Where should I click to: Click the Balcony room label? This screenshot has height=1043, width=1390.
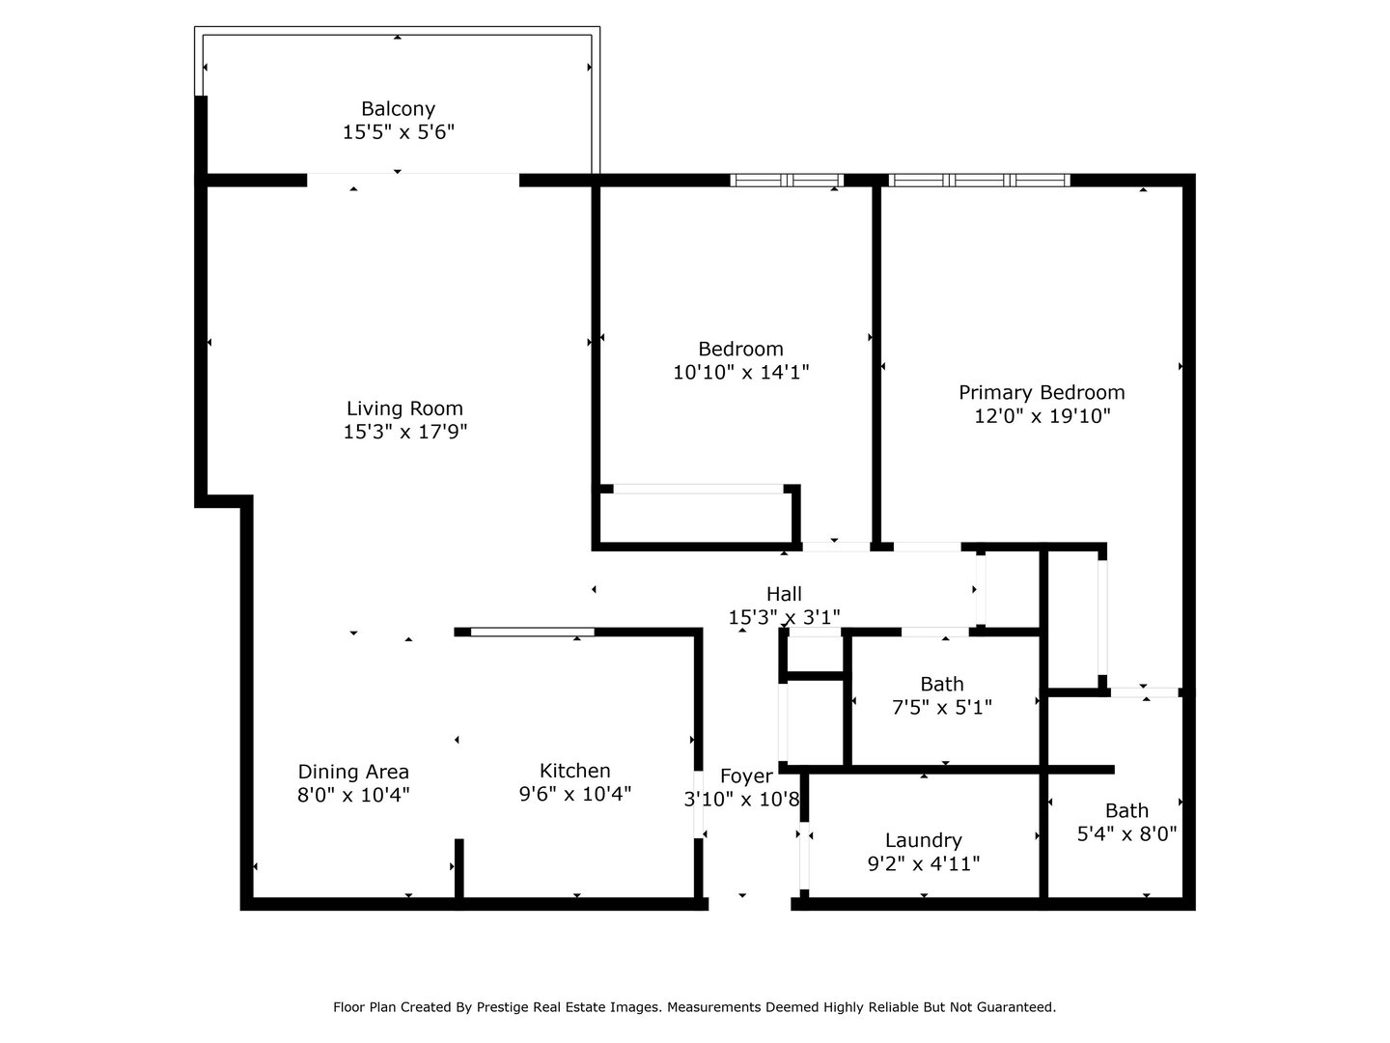coord(398,109)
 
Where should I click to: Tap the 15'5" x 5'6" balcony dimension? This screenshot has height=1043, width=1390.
coord(399,132)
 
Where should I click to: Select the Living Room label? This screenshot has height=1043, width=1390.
coord(404,409)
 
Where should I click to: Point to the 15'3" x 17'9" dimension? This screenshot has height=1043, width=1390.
coord(405,432)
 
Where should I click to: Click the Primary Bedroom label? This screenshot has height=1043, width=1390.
coord(1042,393)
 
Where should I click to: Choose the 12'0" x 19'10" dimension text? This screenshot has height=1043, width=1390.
coord(1042,416)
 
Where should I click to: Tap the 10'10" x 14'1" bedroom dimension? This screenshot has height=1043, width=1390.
coord(741,373)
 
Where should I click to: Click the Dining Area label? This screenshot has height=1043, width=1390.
coord(353,772)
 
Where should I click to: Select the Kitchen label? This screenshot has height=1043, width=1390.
coord(575,771)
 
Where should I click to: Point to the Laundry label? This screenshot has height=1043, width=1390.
coord(924,840)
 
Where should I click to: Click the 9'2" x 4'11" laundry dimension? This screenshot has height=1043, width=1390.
coord(924,863)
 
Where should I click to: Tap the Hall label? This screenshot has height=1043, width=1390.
coord(784,594)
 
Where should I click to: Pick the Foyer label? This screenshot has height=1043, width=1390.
coord(746,776)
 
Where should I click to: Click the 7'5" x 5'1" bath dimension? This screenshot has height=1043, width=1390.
coord(942,707)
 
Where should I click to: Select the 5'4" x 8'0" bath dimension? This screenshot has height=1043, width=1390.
coord(1126,834)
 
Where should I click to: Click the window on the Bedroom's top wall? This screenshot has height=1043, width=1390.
coord(787,181)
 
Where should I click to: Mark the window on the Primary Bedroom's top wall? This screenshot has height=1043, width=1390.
coord(979,181)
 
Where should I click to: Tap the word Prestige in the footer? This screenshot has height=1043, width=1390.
coord(502,1007)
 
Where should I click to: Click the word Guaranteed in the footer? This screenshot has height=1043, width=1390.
coord(1015,1007)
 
